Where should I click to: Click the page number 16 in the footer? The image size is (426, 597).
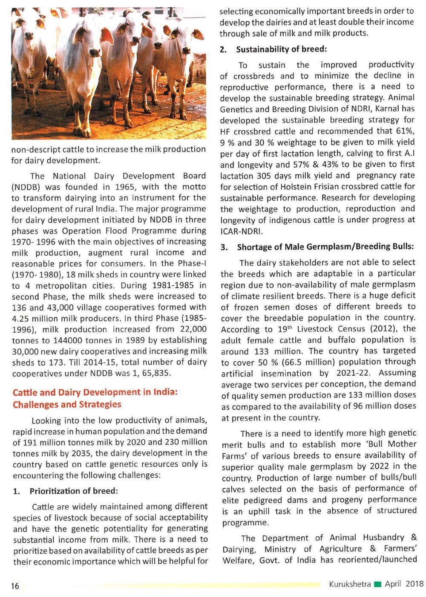click(x=15, y=585)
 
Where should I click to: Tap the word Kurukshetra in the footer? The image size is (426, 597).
click(x=349, y=584)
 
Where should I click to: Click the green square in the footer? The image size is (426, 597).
click(x=377, y=584)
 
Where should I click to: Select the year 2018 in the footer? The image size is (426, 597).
click(x=414, y=584)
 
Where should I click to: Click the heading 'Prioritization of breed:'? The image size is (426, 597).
click(x=73, y=491)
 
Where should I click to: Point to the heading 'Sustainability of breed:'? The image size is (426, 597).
click(x=281, y=49)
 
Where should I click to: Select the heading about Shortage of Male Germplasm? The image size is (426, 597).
click(x=325, y=246)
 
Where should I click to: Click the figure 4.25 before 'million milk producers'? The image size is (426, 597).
click(x=21, y=319)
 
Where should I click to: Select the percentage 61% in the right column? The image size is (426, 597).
click(x=405, y=131)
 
